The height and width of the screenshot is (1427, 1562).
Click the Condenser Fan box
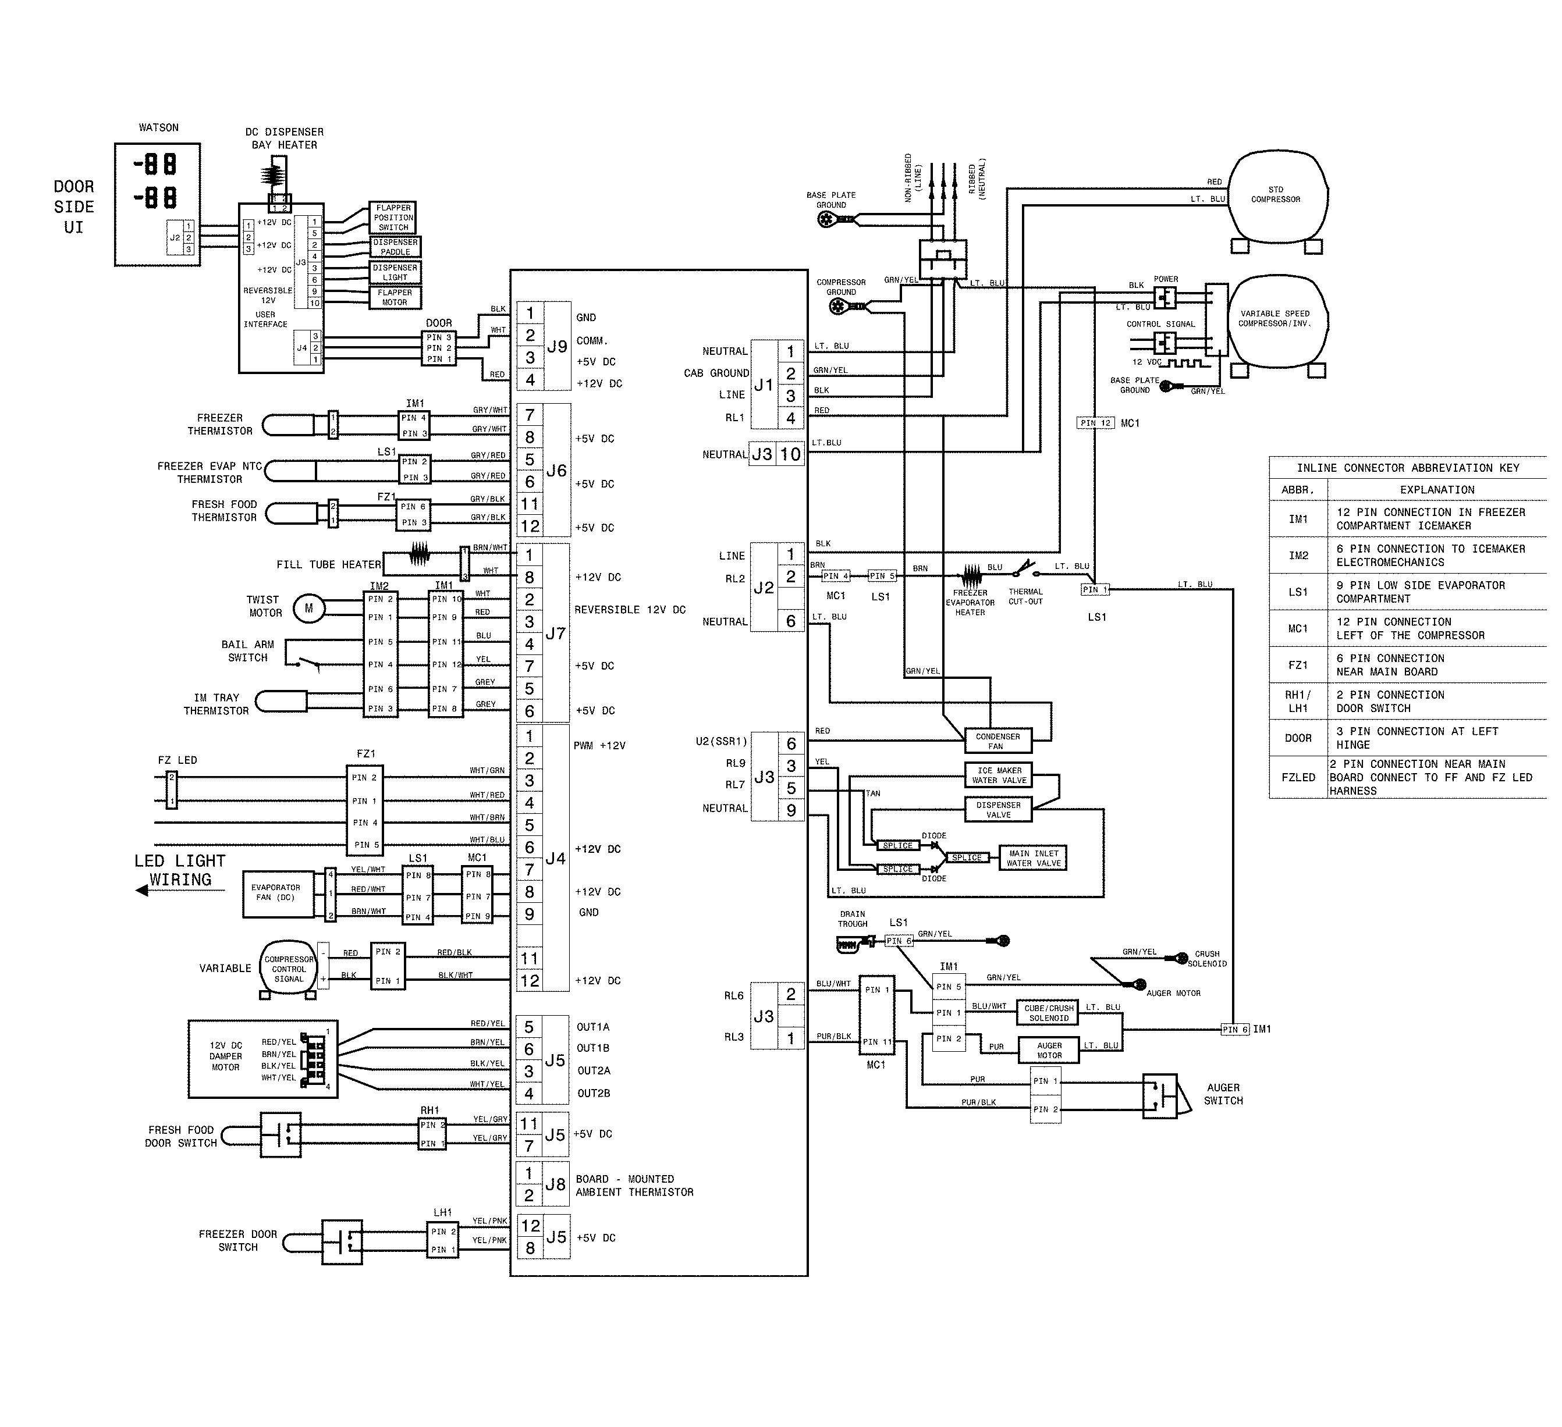pyautogui.click(x=998, y=741)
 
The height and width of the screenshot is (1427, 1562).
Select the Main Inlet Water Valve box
pyautogui.click(x=1034, y=857)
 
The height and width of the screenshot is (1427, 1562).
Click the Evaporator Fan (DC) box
pyautogui.click(x=276, y=892)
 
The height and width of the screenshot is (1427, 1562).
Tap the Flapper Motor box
pyautogui.click(x=395, y=297)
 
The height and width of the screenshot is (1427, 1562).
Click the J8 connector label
pyautogui.click(x=555, y=1184)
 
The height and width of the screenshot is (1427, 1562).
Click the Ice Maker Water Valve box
pyautogui.click(x=999, y=775)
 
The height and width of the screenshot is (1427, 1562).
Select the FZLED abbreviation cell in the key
pyautogui.click(x=1298, y=777)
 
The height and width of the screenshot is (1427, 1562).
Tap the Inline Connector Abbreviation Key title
pyautogui.click(x=1407, y=468)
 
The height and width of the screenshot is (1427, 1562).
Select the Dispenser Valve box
pyautogui.click(x=998, y=810)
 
